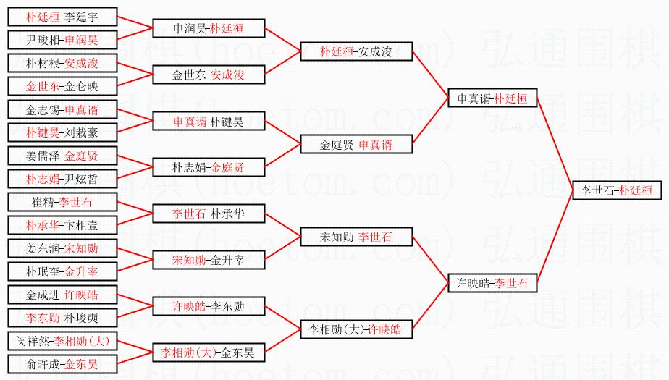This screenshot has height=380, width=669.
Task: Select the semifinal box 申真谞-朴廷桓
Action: [x=492, y=98]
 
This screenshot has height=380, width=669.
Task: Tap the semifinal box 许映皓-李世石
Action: [x=492, y=283]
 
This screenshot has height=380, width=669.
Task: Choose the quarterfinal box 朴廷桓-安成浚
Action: [x=356, y=51]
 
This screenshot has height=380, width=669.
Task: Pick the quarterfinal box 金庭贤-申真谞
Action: [x=356, y=145]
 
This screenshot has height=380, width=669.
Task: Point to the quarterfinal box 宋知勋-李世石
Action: [x=356, y=237]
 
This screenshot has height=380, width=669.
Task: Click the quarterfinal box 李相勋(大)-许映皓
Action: [x=356, y=329]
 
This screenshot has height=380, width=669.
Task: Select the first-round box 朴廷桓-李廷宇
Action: [x=62, y=17]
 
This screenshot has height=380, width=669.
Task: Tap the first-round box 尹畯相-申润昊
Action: [x=62, y=40]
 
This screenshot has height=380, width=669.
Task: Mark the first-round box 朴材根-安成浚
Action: [x=62, y=63]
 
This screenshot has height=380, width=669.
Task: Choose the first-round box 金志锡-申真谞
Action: [x=62, y=110]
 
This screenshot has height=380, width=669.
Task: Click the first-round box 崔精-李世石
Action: [x=62, y=202]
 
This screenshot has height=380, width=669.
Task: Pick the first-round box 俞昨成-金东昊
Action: [x=62, y=364]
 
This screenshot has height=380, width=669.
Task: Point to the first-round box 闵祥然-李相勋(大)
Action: [x=62, y=341]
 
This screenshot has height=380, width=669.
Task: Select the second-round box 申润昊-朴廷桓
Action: [x=209, y=28]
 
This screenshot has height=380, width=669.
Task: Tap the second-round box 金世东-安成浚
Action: [x=209, y=75]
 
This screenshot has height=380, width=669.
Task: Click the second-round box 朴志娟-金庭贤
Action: [x=209, y=167]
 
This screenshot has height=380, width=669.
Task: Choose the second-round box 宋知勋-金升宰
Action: [x=209, y=260]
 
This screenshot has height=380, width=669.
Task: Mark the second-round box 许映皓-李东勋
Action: [x=209, y=306]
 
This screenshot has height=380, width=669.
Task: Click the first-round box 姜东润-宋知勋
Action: [x=62, y=248]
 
